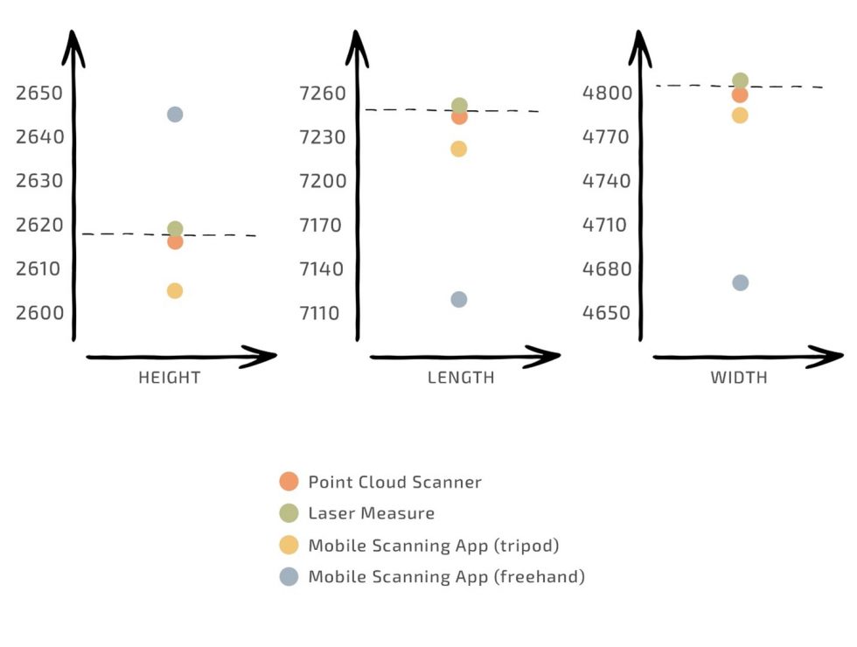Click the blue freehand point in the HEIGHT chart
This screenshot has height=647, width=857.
(x=175, y=115)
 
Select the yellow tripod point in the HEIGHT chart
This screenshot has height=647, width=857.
(x=175, y=291)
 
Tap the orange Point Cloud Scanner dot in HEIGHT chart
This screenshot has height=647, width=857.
(x=175, y=242)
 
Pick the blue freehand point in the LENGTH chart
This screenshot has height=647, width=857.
(x=458, y=300)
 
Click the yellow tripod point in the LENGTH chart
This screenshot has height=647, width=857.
(x=458, y=149)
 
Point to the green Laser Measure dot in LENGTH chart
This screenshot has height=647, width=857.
(x=459, y=105)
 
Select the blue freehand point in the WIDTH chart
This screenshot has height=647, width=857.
(x=740, y=282)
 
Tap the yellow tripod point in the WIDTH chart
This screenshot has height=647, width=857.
(x=740, y=115)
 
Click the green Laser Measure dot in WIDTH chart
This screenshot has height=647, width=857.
(x=740, y=80)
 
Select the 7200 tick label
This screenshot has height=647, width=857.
(x=323, y=181)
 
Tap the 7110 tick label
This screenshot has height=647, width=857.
(x=323, y=312)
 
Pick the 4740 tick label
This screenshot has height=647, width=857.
(x=606, y=181)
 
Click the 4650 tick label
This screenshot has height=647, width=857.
(x=606, y=312)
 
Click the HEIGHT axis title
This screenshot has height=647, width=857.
(x=170, y=378)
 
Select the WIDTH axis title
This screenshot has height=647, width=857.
(x=739, y=378)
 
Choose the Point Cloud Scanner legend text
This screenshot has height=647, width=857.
(x=394, y=482)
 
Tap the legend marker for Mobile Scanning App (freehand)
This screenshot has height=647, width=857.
(x=289, y=576)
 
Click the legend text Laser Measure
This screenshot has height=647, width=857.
(x=371, y=513)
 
